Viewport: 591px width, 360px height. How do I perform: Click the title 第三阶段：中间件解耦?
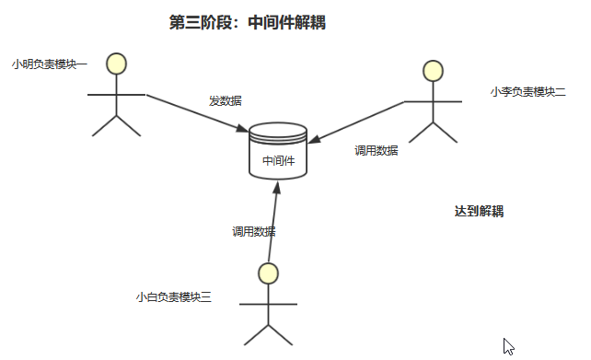[x=248, y=23]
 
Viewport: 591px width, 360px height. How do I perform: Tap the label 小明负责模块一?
[x=50, y=64]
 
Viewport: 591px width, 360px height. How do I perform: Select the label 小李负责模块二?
[x=527, y=91]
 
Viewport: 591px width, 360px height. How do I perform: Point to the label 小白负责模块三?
[x=173, y=296]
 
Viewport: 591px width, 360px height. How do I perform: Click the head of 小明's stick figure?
[x=116, y=64]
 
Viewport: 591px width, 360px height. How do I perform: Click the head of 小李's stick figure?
[x=433, y=70]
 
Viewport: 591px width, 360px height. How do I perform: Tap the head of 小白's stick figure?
[x=268, y=273]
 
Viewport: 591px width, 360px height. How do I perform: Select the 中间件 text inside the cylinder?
[x=278, y=160]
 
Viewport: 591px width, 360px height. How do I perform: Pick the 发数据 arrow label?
[x=226, y=100]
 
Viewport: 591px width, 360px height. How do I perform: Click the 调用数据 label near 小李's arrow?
[x=377, y=150]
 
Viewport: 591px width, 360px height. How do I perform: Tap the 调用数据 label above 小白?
[x=253, y=231]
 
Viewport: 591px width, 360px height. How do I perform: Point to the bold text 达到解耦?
[x=479, y=211]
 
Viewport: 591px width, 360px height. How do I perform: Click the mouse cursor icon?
[x=508, y=347]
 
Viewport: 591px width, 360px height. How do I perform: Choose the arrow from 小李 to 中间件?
[x=359, y=121]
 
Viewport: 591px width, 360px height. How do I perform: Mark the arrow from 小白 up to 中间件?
[x=272, y=221]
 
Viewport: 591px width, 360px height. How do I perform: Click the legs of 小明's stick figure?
[x=116, y=126]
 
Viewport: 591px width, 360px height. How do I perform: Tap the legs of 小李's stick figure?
[x=433, y=133]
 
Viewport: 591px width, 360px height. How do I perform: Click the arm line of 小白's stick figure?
[x=268, y=303]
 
